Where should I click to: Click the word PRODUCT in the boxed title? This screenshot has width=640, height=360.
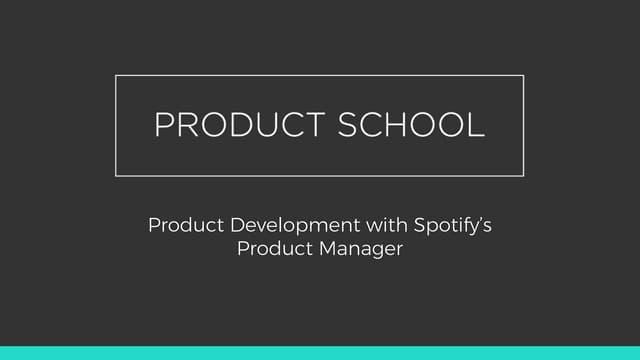click(240, 124)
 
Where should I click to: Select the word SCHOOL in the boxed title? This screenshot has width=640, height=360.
click(411, 124)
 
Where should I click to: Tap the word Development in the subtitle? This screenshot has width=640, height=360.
click(295, 226)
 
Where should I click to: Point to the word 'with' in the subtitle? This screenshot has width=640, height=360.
click(387, 225)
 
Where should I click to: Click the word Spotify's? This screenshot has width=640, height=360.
click(453, 226)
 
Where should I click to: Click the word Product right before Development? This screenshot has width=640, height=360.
click(186, 225)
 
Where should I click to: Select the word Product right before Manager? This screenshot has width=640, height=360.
click(275, 248)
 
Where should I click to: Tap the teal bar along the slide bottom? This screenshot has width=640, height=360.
click(320, 353)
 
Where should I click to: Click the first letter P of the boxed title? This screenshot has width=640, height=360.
click(164, 124)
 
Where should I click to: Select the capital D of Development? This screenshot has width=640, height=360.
click(238, 225)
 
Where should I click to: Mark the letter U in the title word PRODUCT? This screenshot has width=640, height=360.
click(267, 125)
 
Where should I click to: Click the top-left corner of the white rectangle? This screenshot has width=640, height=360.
click(116, 76)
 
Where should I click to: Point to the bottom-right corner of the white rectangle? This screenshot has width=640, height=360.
click(523, 176)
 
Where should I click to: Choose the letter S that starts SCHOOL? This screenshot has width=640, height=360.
click(347, 124)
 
